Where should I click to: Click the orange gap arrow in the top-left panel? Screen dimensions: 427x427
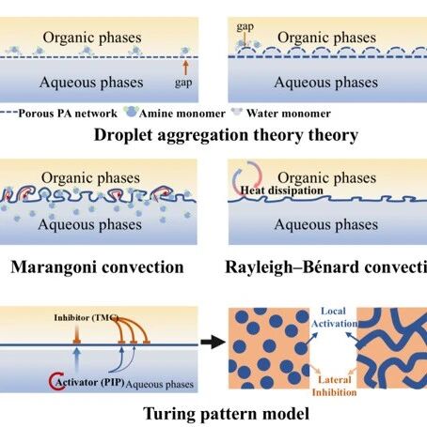(185, 68)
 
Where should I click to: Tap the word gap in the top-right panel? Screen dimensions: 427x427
(245, 27)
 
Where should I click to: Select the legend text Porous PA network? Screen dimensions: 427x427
(68, 114)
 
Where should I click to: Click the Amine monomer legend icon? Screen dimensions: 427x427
(131, 111)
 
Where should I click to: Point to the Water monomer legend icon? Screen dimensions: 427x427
(237, 112)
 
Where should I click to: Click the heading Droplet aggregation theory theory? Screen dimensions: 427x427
(226, 135)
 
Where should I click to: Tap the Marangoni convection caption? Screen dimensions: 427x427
(97, 267)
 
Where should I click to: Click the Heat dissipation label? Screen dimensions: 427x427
(281, 191)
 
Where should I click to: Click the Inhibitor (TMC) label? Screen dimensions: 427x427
(87, 317)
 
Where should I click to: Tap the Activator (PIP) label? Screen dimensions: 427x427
(90, 382)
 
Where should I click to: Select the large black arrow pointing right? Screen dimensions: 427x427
(213, 342)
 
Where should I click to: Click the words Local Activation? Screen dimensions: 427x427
(334, 317)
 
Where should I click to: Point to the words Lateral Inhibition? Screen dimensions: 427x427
(334, 386)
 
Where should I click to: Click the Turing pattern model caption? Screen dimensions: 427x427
(226, 414)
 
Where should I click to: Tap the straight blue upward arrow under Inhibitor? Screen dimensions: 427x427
(77, 359)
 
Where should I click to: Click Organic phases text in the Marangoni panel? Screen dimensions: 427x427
(90, 178)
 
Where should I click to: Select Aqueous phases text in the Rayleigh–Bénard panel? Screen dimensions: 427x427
(326, 224)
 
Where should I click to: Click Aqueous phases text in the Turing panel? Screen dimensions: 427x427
(160, 384)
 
